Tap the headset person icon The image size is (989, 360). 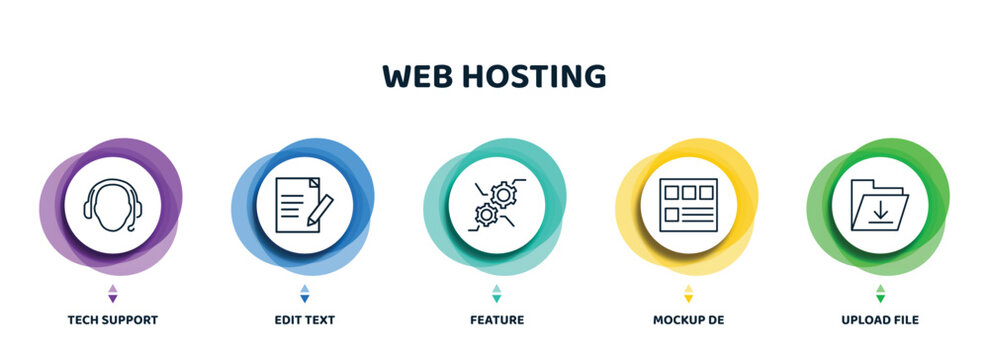112,205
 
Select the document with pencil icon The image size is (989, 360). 304,205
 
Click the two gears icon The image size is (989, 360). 496,205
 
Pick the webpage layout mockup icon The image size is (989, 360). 688,205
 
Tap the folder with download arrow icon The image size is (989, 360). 879,205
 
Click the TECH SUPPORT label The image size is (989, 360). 112,320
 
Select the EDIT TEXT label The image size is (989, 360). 304,320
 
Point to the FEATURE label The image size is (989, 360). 496,320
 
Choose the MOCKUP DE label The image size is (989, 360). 688,320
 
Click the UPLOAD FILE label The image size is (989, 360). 880,320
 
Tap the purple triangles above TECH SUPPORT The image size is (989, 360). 112,293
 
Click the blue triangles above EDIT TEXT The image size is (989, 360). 304,293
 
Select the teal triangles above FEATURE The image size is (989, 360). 496,293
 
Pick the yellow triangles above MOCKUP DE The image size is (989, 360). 688,293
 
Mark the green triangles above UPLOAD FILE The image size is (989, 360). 880,293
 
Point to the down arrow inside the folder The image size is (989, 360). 880,211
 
